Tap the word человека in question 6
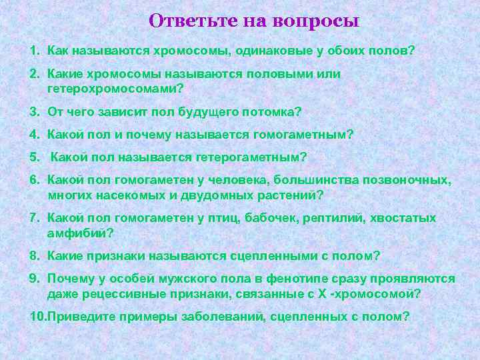point(293,181)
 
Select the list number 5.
point(35,157)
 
